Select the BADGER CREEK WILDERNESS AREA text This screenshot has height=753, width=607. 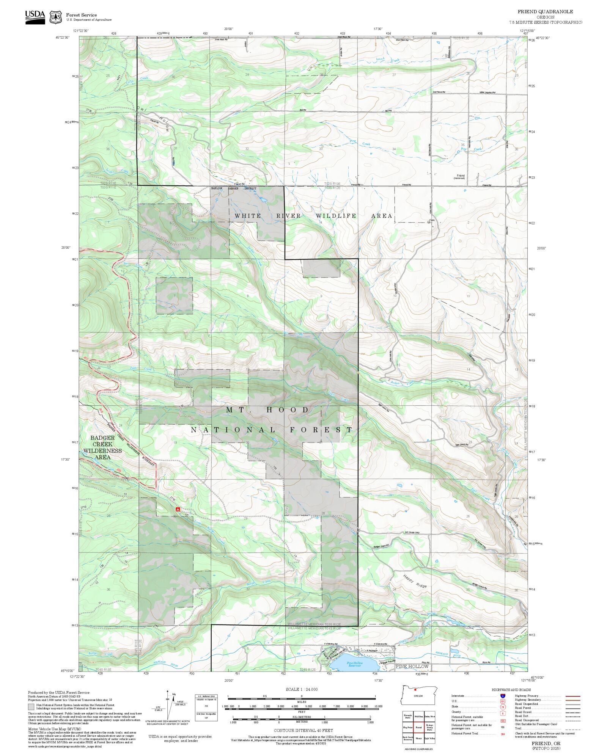(102, 447)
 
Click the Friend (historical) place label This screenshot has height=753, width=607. (460, 177)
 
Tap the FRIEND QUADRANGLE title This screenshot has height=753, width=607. (545, 12)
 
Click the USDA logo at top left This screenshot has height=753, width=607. (35, 17)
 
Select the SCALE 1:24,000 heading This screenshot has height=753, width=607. (302, 689)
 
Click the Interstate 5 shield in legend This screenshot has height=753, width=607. (503, 696)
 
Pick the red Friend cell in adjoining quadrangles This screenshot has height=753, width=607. (419, 728)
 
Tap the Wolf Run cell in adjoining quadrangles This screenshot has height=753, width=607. (419, 716)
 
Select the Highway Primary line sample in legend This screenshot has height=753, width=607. (573, 696)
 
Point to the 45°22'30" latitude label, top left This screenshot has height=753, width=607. (63, 37)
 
